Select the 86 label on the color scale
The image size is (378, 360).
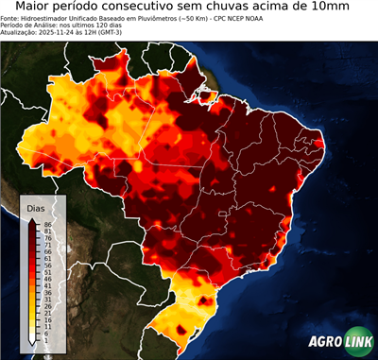(47, 224)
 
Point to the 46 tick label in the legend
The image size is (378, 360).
(47, 279)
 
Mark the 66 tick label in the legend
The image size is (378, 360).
(47, 251)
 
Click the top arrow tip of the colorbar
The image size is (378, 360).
(32, 219)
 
